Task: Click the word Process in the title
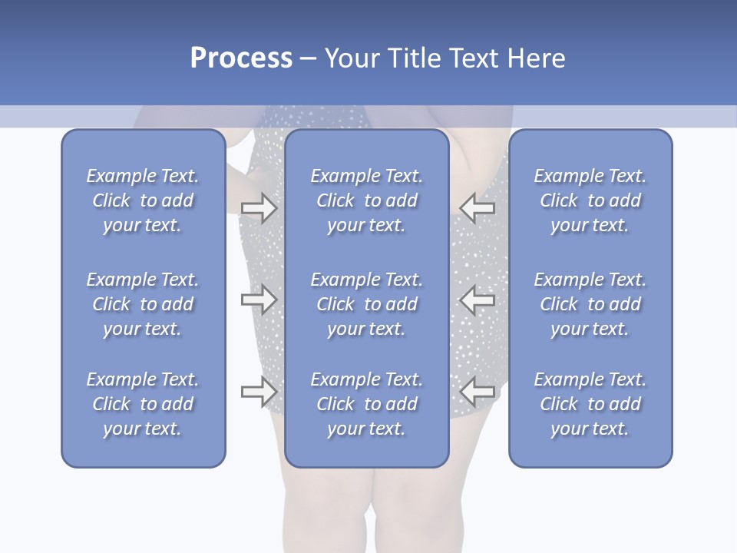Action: click(241, 58)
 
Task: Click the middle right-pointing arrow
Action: click(259, 300)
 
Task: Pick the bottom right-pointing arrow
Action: click(259, 392)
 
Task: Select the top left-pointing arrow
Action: click(477, 207)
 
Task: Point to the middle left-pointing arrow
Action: click(477, 300)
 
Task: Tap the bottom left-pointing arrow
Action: click(477, 391)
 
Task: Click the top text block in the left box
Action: click(143, 200)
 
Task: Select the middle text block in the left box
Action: click(143, 304)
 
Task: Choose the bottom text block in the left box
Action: click(143, 404)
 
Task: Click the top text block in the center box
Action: click(367, 200)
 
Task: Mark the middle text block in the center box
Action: click(367, 304)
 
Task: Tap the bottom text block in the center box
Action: click(367, 404)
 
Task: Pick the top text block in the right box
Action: click(590, 200)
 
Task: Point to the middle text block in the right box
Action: click(590, 304)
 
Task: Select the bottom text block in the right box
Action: click(590, 404)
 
